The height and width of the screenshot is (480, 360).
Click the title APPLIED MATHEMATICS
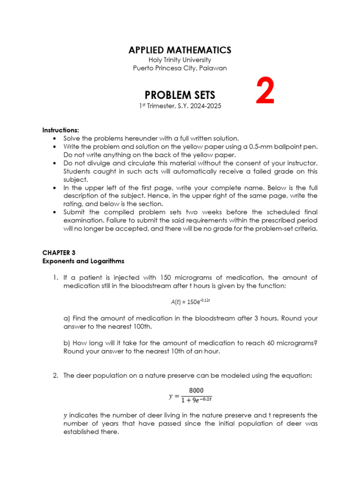[x=180, y=50]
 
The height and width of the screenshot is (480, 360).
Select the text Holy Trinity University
[x=180, y=60]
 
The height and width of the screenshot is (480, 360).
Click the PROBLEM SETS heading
[x=180, y=95]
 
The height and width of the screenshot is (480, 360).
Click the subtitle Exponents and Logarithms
[x=83, y=261]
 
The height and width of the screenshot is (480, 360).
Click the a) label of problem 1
[x=67, y=318]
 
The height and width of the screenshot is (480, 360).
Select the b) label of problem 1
[x=67, y=343]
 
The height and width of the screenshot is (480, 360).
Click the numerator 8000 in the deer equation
[x=196, y=390]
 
